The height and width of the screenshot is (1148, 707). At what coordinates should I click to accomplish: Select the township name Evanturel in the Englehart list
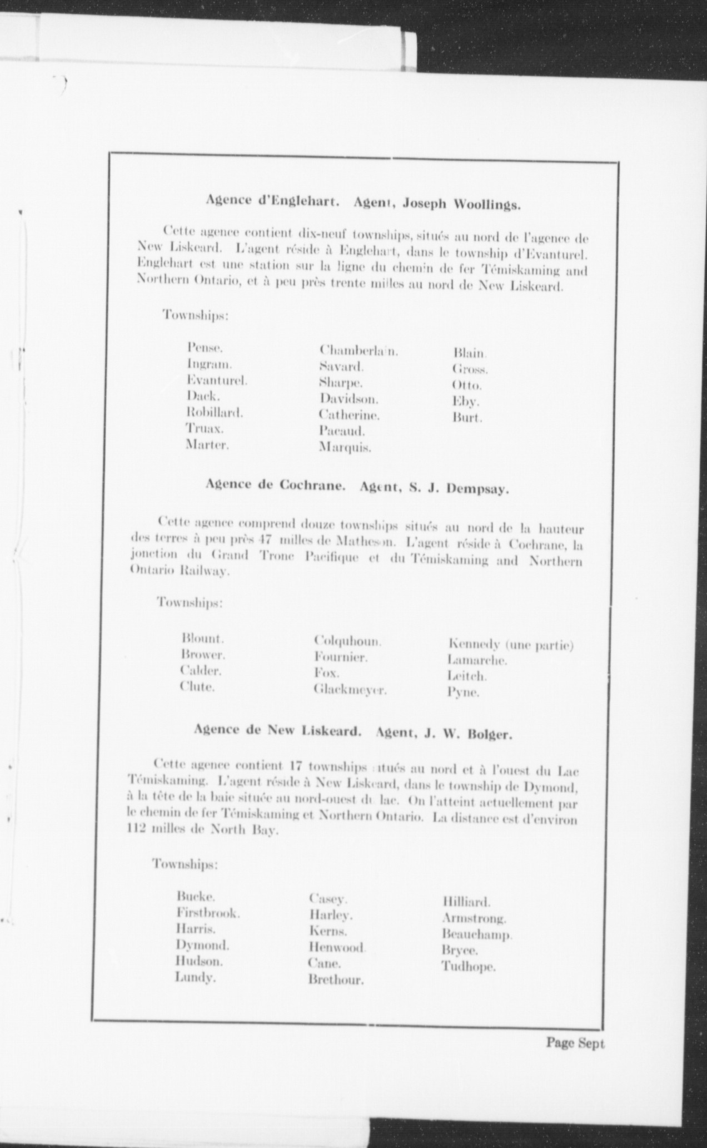click(217, 381)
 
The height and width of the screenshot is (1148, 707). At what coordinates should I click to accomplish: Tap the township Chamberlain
click(359, 351)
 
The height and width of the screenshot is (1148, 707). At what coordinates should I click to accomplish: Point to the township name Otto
click(466, 385)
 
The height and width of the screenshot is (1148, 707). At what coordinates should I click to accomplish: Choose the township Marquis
click(345, 447)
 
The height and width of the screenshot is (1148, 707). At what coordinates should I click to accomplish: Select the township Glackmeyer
click(350, 690)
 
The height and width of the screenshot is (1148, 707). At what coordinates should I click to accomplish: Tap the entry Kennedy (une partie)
click(510, 645)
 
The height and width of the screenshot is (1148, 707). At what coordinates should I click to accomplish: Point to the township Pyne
click(462, 693)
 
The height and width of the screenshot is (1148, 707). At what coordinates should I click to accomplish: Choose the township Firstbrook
click(208, 913)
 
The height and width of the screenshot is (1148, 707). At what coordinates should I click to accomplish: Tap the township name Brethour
click(336, 980)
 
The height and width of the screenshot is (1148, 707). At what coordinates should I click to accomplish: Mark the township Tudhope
click(468, 967)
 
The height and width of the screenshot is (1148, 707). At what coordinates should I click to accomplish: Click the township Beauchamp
click(476, 934)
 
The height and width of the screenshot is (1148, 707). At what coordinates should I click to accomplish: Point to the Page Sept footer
click(575, 1043)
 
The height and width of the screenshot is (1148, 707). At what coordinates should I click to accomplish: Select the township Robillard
click(214, 413)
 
